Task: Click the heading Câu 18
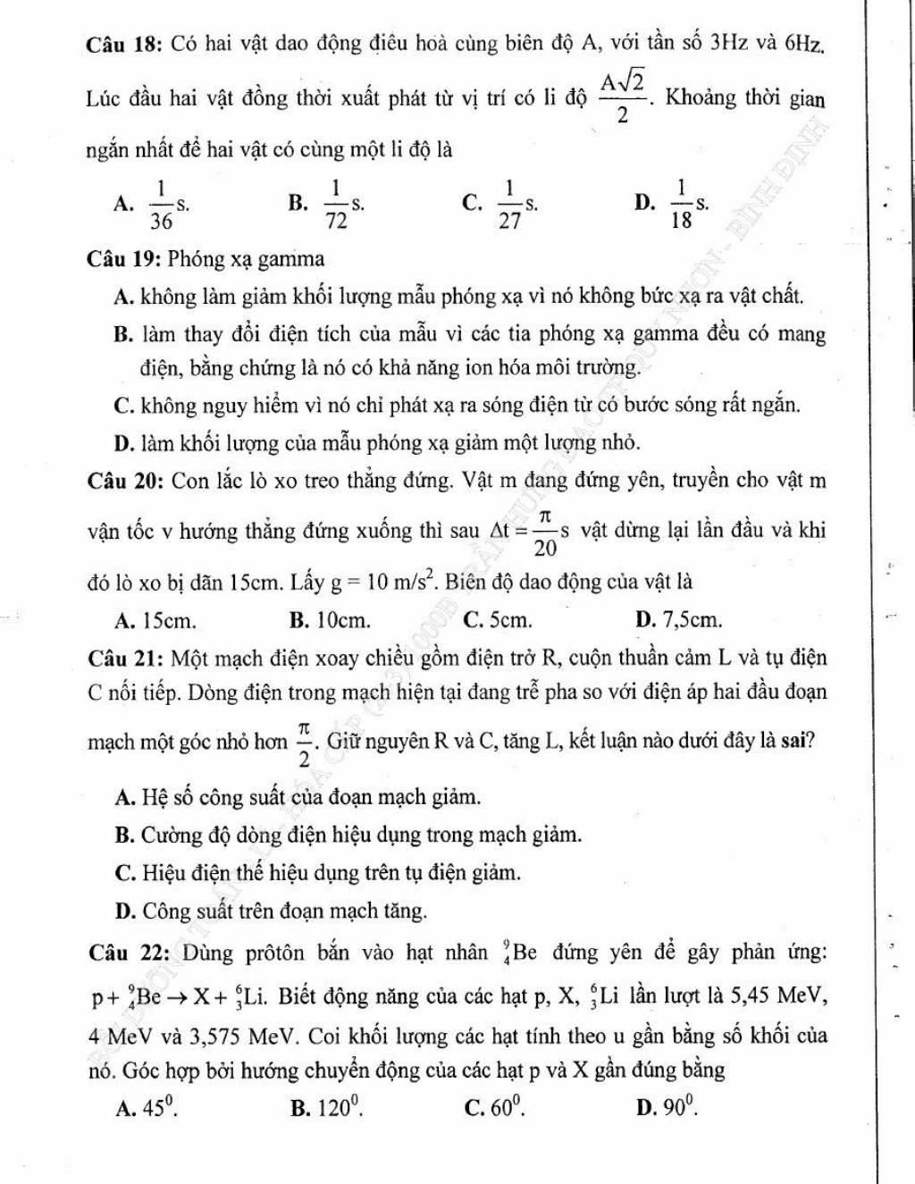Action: [x=123, y=42]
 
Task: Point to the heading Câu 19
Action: [x=123, y=259]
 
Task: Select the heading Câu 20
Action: [x=123, y=481]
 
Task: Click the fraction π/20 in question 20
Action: [x=544, y=531]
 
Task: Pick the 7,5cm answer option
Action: [x=690, y=619]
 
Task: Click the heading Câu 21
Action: [x=123, y=659]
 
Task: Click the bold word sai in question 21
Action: [x=800, y=741]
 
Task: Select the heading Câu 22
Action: [x=123, y=953]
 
